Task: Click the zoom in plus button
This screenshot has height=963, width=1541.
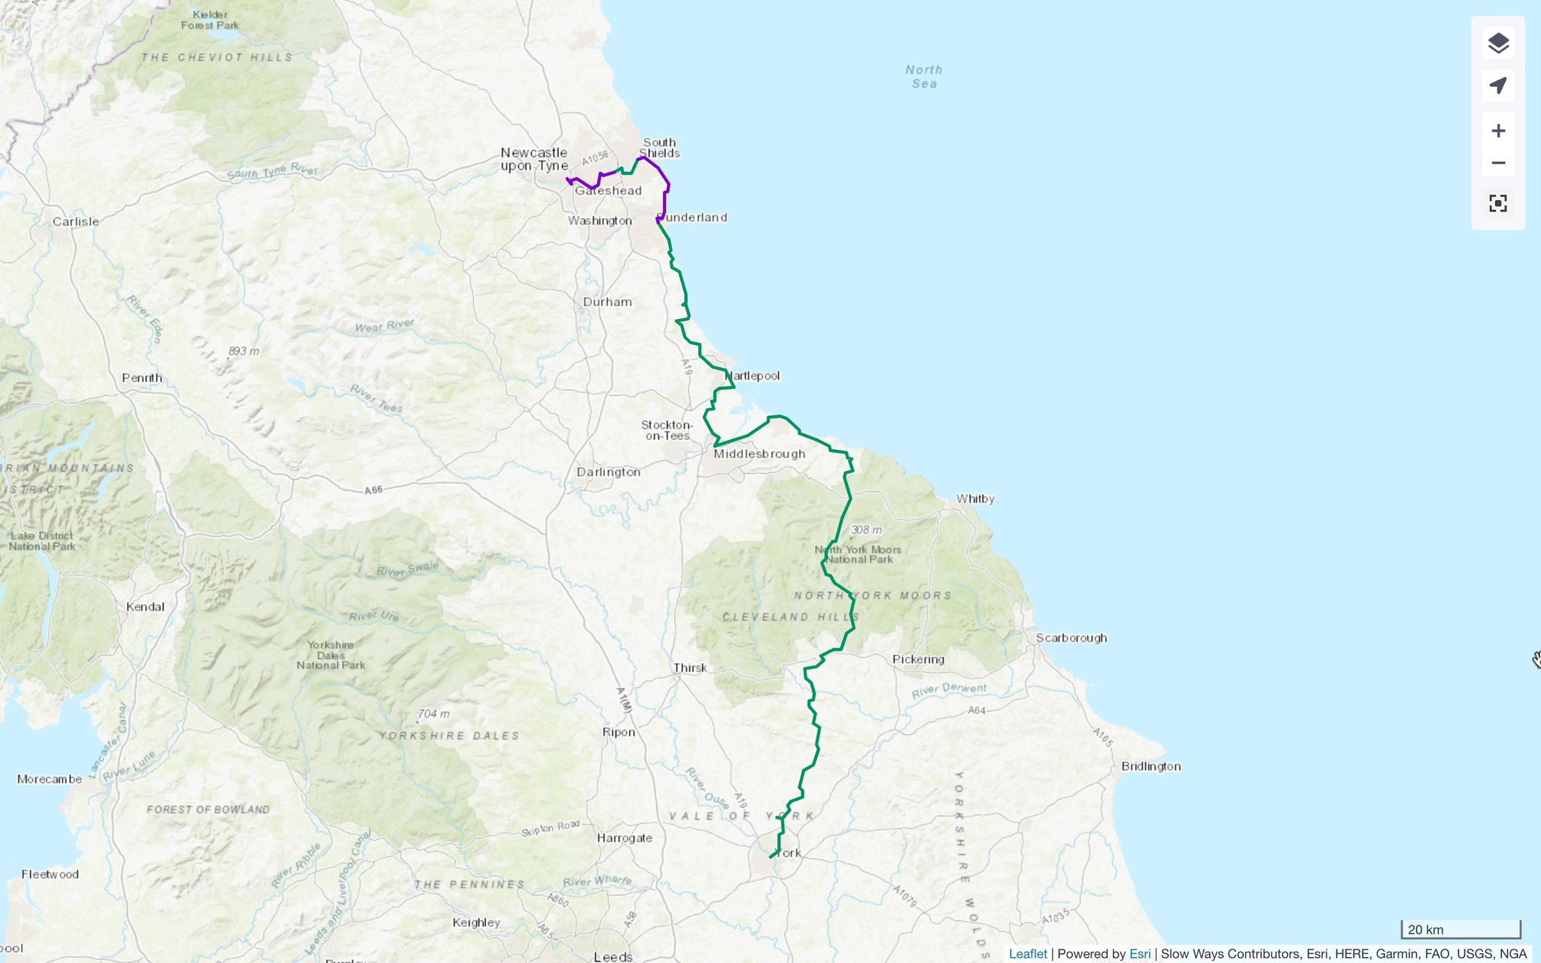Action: click(1497, 131)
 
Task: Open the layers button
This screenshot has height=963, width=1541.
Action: click(1497, 43)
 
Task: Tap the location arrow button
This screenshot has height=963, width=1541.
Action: click(1497, 85)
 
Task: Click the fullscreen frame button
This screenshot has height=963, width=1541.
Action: click(1497, 203)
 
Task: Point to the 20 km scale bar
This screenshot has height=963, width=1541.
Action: click(1460, 930)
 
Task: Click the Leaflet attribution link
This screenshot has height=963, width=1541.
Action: click(1027, 954)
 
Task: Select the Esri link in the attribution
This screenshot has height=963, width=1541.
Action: click(1139, 954)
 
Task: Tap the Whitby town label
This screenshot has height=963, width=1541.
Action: click(975, 499)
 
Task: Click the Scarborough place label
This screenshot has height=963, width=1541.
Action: click(1071, 638)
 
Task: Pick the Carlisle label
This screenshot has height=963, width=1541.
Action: click(75, 222)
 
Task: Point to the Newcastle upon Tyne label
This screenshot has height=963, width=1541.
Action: click(533, 159)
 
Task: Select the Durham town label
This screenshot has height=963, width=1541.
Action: click(607, 302)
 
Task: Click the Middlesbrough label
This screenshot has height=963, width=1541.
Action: click(759, 454)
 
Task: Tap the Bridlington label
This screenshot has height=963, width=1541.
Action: click(1150, 767)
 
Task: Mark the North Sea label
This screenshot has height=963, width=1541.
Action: click(924, 77)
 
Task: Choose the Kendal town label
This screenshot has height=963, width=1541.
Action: click(145, 607)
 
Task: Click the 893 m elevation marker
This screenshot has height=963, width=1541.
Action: click(242, 351)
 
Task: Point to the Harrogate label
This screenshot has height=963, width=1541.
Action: click(625, 838)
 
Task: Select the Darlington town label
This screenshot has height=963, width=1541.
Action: click(608, 472)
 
